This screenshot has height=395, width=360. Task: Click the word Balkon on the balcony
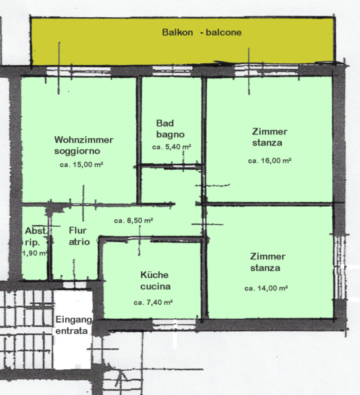click(177, 32)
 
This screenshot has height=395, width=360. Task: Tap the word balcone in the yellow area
click(224, 32)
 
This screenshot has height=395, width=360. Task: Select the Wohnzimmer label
click(84, 140)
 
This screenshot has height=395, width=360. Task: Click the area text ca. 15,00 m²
click(82, 165)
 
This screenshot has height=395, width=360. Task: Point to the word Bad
click(165, 123)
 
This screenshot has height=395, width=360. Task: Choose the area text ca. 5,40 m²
click(172, 147)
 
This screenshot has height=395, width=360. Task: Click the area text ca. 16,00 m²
click(270, 161)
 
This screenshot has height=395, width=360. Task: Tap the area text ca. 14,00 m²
click(266, 288)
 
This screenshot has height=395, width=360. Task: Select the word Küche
click(155, 275)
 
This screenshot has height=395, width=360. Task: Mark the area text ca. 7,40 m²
click(153, 302)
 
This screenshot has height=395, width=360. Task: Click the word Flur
click(78, 230)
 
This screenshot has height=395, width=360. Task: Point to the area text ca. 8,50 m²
click(134, 221)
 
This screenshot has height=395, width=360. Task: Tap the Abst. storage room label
click(36, 230)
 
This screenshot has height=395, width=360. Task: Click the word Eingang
click(74, 320)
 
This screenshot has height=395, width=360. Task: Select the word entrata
click(72, 330)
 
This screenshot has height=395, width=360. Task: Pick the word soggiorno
click(77, 151)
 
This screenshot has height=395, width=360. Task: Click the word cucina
click(155, 286)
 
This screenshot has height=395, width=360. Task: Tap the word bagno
click(170, 134)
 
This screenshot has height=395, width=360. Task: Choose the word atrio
click(80, 242)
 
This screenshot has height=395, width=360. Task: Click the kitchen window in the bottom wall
click(174, 323)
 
